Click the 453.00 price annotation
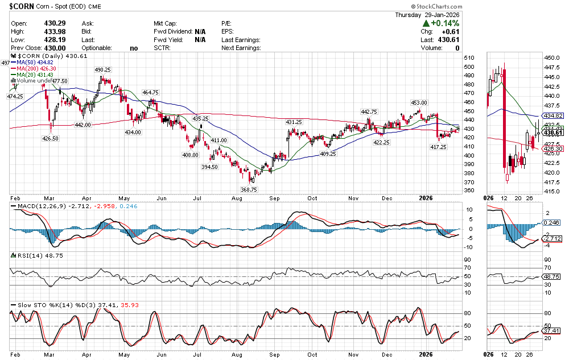(419, 102)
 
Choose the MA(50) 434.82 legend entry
(35, 63)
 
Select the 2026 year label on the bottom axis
(426, 198)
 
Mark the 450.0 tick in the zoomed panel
(550, 58)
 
